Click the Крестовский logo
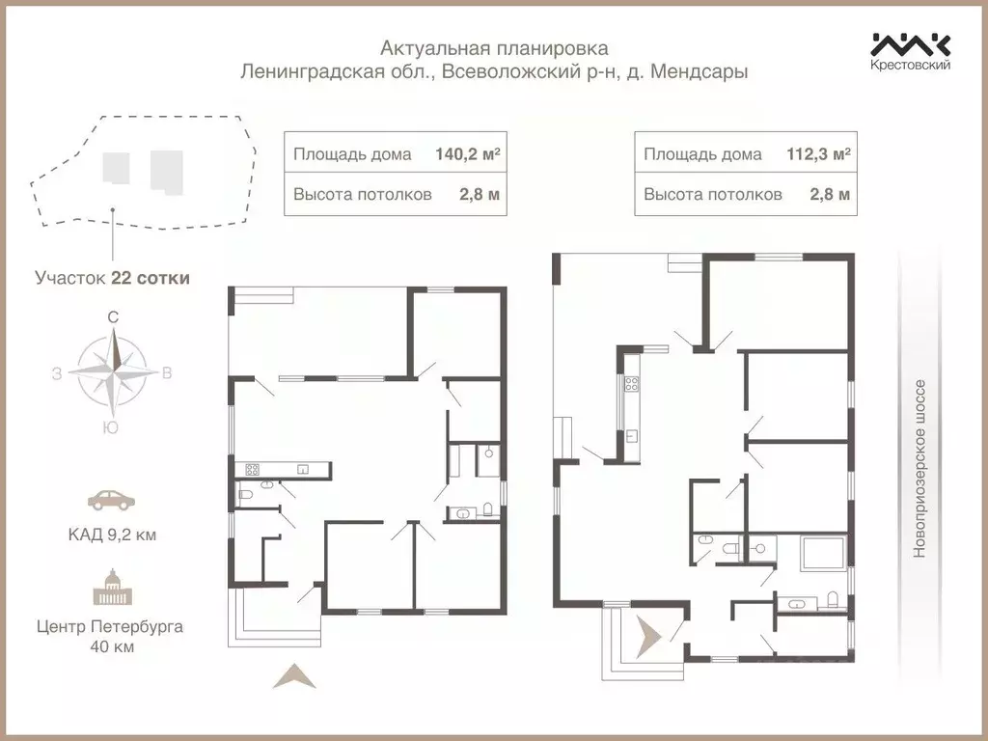click(x=911, y=50)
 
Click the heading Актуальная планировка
click(x=494, y=47)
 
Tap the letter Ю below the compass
click(x=112, y=428)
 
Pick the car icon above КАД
click(x=112, y=500)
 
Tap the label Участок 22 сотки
click(x=112, y=278)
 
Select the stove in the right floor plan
click(x=632, y=382)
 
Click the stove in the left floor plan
click(x=252, y=470)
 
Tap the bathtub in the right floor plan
click(x=823, y=555)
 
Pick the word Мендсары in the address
click(x=702, y=71)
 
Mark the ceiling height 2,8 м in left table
click(x=480, y=194)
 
